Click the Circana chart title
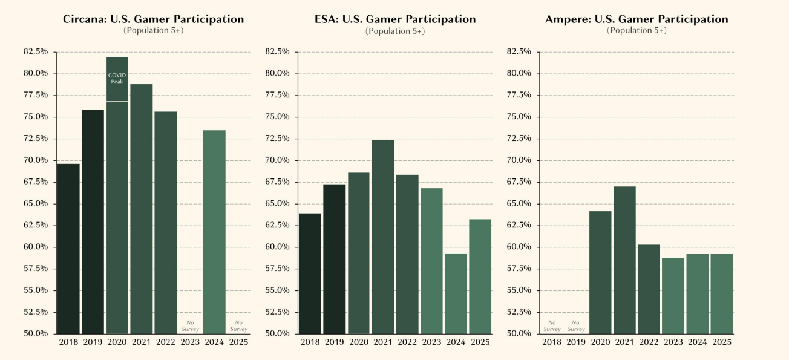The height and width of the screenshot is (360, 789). tap(153, 19)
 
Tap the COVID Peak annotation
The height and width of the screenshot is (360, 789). tap(117, 78)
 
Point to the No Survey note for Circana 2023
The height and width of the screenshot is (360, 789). tap(190, 326)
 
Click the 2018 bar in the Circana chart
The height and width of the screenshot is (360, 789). tap(68, 249)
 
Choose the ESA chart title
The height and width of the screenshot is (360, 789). tap(395, 19)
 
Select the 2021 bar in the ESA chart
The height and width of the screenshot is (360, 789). tap(383, 237)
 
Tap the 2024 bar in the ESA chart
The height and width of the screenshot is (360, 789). tap(456, 293)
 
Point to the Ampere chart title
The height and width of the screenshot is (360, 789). tap(637, 19)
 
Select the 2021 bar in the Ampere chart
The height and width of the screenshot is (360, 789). tap(624, 260)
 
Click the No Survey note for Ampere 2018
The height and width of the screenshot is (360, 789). tap(552, 326)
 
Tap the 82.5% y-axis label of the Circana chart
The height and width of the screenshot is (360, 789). tap(36, 52)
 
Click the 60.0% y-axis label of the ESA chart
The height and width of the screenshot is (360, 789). tap(278, 247)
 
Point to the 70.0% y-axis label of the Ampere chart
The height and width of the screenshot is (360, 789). tap(519, 160)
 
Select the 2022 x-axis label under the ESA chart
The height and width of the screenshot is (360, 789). tap(407, 342)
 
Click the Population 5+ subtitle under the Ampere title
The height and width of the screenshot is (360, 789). tap(637, 30)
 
